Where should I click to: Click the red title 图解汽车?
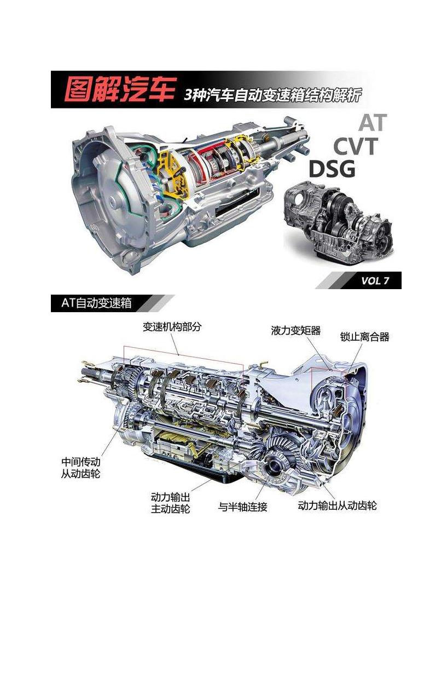120,89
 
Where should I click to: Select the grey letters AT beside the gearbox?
373,123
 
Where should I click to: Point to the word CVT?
356,146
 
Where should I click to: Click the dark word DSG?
332,169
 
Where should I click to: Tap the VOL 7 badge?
375,280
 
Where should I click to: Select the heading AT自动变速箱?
96,303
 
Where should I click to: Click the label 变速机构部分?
172,327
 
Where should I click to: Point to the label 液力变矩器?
295,331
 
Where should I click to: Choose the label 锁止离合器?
364,337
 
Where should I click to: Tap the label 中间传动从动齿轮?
81,468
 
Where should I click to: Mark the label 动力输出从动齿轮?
338,505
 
